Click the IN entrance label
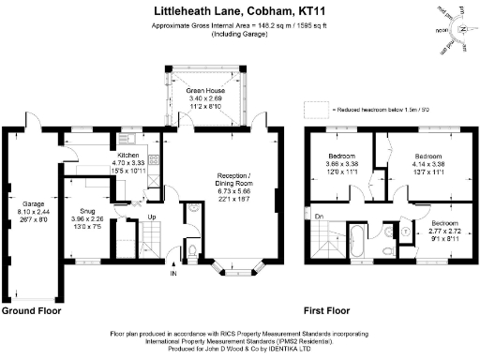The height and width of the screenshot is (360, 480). (x=172, y=274)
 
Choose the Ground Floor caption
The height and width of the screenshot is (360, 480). (x=32, y=309)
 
